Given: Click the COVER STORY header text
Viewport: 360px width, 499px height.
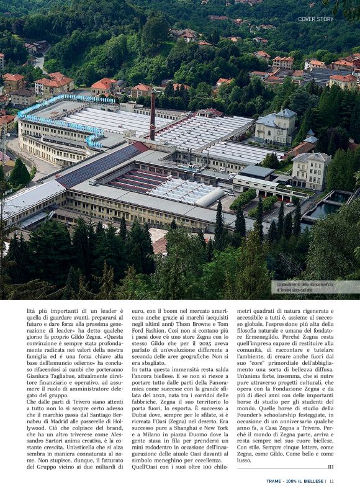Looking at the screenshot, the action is point(315,19).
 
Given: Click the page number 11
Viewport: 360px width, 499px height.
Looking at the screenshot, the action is point(332,480).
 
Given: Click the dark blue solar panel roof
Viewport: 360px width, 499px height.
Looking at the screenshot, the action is point(96,165).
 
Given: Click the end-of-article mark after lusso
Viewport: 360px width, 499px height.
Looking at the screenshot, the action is point(330,467).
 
